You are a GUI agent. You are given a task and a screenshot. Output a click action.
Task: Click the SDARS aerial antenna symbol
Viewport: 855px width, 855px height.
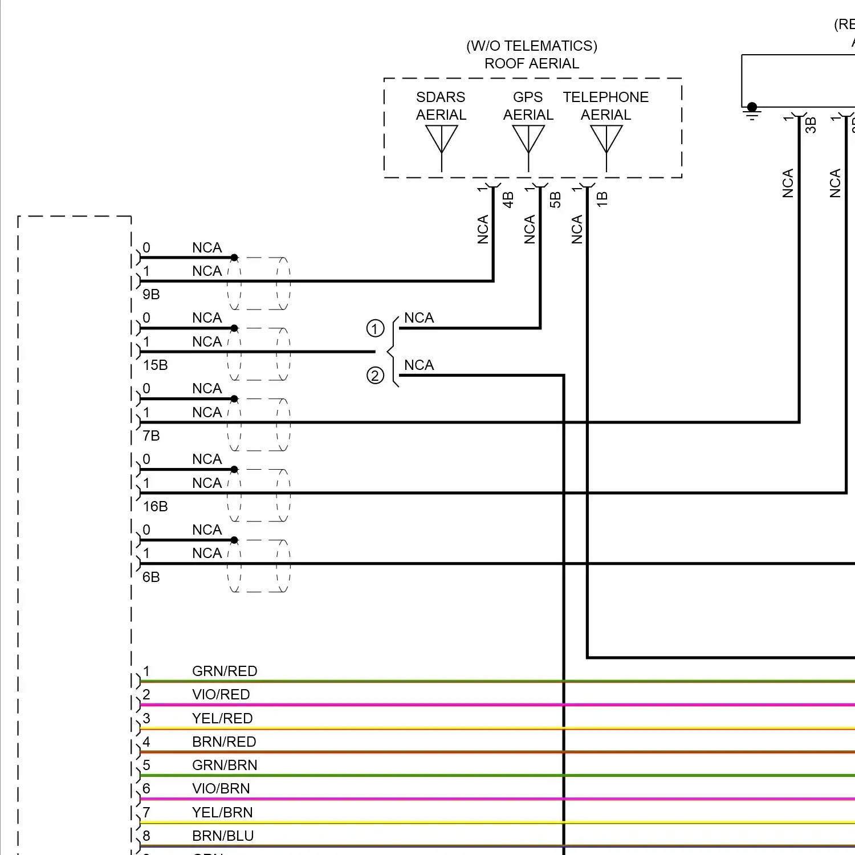click(x=442, y=140)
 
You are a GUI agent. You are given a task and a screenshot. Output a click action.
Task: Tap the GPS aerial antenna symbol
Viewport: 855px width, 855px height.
click(x=528, y=140)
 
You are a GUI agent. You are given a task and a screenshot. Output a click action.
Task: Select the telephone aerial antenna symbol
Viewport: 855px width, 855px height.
click(x=606, y=140)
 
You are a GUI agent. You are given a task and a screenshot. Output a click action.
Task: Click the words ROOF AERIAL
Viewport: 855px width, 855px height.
click(x=532, y=63)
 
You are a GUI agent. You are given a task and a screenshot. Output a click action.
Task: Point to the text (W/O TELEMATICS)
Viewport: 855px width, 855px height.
click(x=532, y=46)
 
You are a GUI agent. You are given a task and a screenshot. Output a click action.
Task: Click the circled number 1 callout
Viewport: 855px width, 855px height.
click(x=375, y=328)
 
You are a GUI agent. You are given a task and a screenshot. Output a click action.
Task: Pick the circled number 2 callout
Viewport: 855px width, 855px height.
click(x=375, y=376)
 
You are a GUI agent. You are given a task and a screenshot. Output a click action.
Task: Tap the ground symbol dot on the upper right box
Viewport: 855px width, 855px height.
click(x=752, y=107)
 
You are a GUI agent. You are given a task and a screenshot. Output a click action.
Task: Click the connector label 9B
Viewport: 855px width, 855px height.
click(x=151, y=295)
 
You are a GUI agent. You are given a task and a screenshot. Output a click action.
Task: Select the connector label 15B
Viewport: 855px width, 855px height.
click(x=155, y=365)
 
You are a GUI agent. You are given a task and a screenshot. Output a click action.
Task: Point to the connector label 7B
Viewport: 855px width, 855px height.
click(x=151, y=436)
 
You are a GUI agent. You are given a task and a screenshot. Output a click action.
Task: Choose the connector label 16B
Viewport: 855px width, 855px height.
click(x=155, y=507)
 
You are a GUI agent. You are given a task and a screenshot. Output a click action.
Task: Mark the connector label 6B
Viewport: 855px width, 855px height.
click(x=151, y=577)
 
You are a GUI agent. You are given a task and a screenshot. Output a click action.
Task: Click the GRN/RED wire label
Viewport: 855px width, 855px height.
click(x=225, y=671)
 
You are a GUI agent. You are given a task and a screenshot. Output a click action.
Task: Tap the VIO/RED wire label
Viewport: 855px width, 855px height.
click(x=221, y=694)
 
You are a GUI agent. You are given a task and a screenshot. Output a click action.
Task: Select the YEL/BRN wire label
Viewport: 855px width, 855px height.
click(x=222, y=812)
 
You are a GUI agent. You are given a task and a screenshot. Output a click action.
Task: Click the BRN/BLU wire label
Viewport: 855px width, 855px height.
click(x=223, y=836)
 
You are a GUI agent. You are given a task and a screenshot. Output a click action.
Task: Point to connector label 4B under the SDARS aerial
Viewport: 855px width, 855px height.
click(x=508, y=199)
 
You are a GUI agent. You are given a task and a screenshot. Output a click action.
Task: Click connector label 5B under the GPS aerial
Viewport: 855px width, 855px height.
click(x=555, y=199)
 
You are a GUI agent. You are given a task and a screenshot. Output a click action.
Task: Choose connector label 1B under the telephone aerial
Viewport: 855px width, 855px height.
click(x=602, y=199)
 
